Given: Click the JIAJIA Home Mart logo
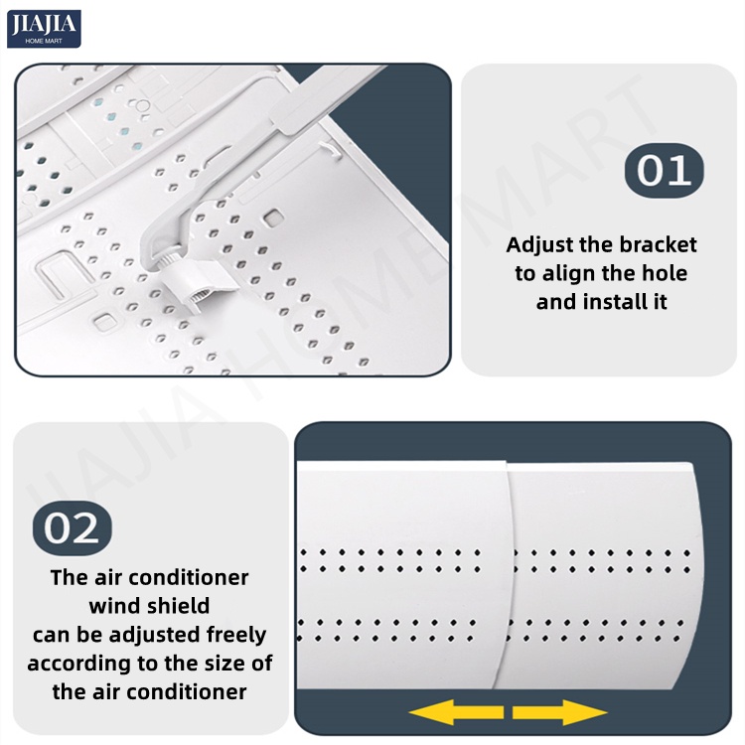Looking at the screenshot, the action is tap(44, 29).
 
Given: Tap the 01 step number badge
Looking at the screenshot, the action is tap(664, 171).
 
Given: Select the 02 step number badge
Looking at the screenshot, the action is tap(73, 527).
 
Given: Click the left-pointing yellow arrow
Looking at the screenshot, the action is tap(456, 712).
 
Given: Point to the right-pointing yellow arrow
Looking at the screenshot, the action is tap(559, 712).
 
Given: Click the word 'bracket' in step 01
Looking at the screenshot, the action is tap(658, 244).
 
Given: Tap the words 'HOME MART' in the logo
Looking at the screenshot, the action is tap(44, 42).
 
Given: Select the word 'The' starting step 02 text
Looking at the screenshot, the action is tap(70, 577).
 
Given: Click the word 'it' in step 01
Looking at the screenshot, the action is tap(660, 302).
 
